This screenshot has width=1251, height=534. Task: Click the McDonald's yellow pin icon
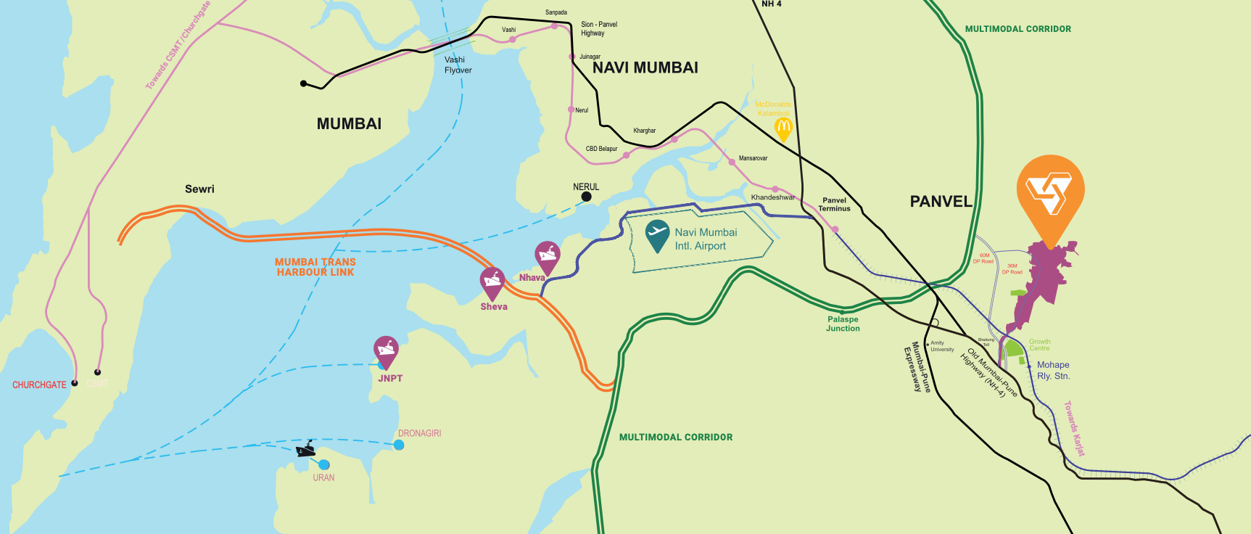[783, 128]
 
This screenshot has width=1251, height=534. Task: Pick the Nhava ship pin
[547, 255]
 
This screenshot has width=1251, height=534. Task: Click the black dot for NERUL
[586, 197]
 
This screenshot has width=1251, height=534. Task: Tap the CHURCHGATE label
[39, 385]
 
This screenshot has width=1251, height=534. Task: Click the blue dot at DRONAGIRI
[399, 445]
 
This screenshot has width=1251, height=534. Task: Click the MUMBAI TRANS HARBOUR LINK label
[315, 267]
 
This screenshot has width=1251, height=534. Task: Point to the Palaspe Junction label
[843, 324]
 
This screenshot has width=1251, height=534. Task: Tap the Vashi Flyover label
[458, 65]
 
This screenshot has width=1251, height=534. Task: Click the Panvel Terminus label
[834, 205]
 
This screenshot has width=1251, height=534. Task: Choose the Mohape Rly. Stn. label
[1053, 371]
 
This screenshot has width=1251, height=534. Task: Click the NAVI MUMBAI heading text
[645, 68]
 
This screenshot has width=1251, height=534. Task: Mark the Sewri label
[199, 189]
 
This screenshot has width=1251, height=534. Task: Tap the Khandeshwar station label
[772, 197]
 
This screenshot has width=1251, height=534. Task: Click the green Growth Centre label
[1039, 345]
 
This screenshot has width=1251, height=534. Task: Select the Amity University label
[941, 346]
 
